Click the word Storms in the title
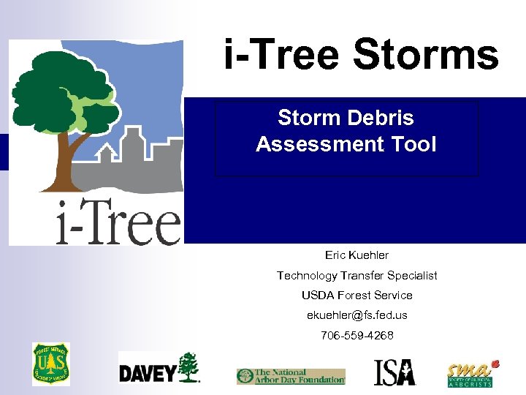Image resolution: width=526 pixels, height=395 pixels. click(425, 56)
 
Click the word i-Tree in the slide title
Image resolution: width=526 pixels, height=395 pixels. click(284, 56)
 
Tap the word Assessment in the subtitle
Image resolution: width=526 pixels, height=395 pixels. click(315, 144)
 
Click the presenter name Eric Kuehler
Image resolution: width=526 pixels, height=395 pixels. click(357, 255)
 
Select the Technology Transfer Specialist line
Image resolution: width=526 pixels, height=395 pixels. click(357, 275)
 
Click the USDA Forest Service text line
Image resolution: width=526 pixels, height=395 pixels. click(357, 295)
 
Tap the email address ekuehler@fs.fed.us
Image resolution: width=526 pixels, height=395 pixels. click(357, 315)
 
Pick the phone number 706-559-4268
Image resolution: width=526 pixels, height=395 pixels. click(357, 335)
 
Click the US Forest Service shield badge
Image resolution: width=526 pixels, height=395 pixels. click(51, 364)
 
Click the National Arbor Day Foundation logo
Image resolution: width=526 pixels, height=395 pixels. click(290, 377)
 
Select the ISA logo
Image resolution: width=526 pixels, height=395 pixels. click(394, 372)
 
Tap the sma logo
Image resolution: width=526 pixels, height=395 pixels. click(472, 373)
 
